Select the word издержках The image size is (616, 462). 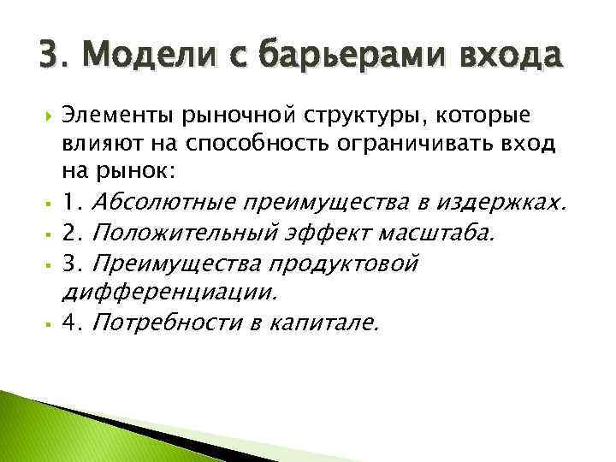[512, 203]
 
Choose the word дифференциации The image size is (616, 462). [169, 291]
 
